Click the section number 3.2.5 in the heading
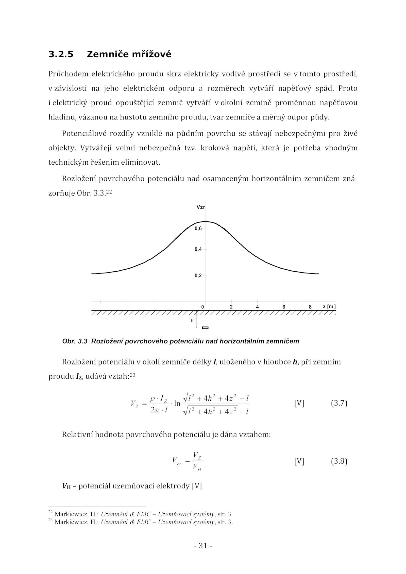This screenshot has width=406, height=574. click(61, 54)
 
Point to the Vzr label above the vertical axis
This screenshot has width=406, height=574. click(201, 207)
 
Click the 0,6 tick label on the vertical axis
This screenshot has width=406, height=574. click(198, 229)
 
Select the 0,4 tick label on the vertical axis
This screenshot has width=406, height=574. click(198, 249)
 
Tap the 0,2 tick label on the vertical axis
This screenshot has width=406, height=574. click(198, 276)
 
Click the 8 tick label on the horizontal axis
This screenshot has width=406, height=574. click(310, 307)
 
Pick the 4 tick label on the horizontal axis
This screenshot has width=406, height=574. click(258, 307)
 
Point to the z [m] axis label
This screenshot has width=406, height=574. click(329, 307)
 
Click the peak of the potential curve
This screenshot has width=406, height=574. click(205, 221)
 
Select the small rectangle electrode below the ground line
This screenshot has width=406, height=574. click(205, 328)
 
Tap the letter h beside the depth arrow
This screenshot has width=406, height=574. click(192, 321)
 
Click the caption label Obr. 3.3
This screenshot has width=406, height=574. click(75, 341)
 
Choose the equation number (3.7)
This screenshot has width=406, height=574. click(339, 403)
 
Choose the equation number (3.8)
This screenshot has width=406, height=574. click(339, 461)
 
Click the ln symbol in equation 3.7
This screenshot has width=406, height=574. click(177, 404)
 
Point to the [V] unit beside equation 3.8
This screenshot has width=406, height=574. click(299, 461)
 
